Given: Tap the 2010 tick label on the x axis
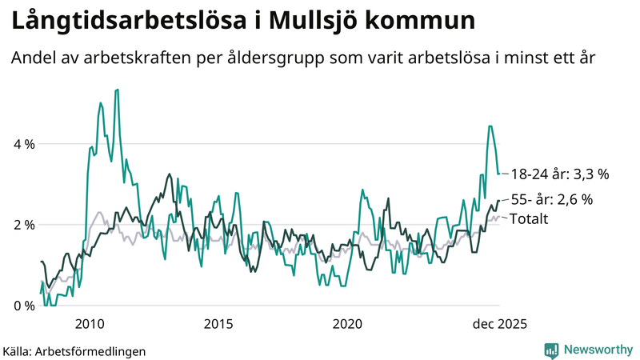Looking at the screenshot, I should click(x=90, y=323).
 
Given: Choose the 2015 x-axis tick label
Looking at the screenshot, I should click(x=218, y=323).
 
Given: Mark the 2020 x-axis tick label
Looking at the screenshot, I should click(x=347, y=323).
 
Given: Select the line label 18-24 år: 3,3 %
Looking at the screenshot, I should click(x=560, y=173).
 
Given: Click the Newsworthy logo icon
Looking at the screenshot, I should click(x=551, y=350).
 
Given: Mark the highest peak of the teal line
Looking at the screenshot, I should click(x=118, y=90).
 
